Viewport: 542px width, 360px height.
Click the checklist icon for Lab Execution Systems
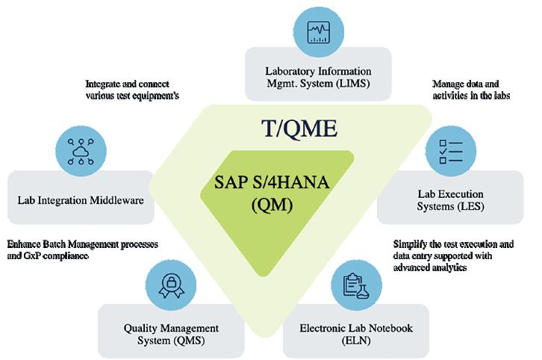(x=451, y=149)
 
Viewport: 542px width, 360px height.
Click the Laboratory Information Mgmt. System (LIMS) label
(x=318, y=78)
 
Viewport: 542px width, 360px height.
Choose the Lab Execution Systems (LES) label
(x=451, y=199)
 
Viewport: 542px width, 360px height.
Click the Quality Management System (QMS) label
(x=171, y=333)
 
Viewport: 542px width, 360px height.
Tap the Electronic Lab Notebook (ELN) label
(x=355, y=333)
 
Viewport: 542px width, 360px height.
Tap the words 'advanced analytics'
(x=430, y=267)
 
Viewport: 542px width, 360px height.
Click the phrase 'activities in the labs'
(x=471, y=96)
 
